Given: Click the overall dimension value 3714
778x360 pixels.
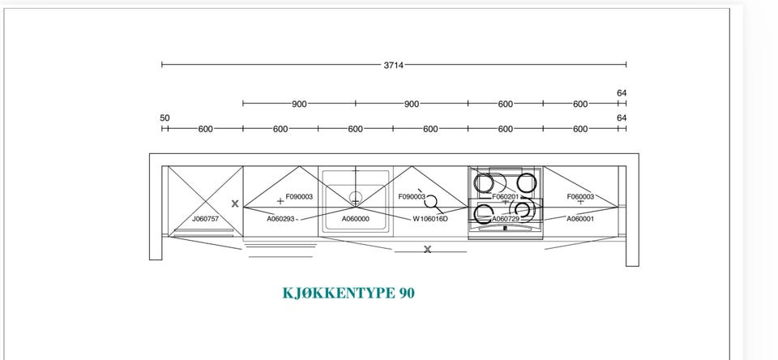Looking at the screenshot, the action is click(394, 65).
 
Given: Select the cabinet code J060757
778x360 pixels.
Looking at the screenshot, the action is click(205, 218).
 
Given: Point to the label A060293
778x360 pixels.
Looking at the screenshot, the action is click(281, 218).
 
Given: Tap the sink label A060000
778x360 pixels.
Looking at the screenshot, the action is click(355, 218).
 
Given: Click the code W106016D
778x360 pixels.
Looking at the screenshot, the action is click(430, 218).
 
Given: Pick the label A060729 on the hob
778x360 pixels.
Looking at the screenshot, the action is click(506, 218).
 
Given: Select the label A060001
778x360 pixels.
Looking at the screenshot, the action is click(580, 218).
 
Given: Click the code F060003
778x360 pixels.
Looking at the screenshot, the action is click(580, 197).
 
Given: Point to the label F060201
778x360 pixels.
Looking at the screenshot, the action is click(506, 197).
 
